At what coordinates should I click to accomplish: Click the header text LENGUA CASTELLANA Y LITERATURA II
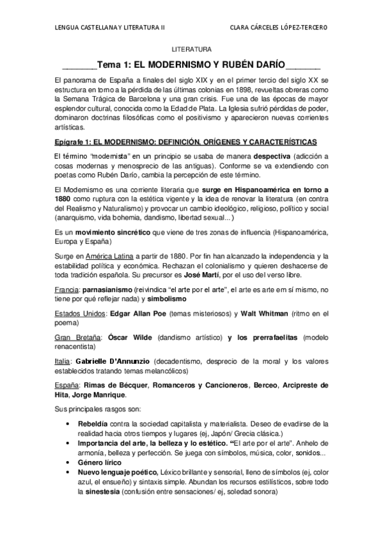click(x=110, y=27)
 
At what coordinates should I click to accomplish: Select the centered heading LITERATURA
click(x=191, y=49)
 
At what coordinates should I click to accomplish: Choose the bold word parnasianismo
click(x=114, y=290)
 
